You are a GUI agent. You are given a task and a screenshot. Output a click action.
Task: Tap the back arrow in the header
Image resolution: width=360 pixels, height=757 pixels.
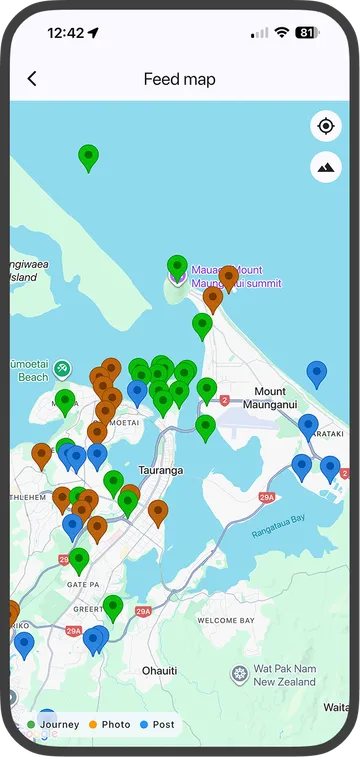[x=32, y=79]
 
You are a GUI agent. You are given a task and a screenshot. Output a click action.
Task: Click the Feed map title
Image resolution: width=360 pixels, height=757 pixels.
[x=179, y=79]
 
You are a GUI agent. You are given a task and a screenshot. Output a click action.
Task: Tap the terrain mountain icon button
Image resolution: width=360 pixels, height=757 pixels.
[x=325, y=167]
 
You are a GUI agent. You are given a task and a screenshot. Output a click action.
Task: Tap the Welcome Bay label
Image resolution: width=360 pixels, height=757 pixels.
[x=225, y=620]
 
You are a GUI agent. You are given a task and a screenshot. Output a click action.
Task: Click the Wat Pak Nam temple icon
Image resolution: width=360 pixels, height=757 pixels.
[x=239, y=674]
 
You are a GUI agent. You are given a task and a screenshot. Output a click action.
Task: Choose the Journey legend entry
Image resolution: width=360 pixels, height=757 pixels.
[x=54, y=724]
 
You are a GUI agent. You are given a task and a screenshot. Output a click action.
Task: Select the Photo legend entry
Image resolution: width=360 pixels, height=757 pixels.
[x=109, y=724]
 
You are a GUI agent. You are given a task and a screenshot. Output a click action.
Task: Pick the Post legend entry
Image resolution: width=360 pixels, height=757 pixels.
[x=157, y=724]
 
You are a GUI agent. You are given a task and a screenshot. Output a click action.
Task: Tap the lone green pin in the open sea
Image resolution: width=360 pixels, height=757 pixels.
[x=89, y=157]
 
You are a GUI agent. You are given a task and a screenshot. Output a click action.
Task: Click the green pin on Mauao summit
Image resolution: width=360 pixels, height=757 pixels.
[x=177, y=267]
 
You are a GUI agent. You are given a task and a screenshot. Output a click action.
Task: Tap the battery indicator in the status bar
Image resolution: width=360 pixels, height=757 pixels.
[x=306, y=32]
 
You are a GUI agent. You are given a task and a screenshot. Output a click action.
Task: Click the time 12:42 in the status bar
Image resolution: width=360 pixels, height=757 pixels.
[x=65, y=32]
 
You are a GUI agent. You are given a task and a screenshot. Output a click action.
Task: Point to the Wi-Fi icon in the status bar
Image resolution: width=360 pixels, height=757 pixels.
[x=282, y=32]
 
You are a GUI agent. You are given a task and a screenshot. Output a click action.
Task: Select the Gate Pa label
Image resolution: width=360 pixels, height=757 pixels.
[x=79, y=583]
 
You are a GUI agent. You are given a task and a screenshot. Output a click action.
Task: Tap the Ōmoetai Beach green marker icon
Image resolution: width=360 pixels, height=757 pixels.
[x=63, y=369]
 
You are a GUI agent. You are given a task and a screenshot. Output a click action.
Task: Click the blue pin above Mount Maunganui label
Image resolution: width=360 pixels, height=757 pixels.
[x=317, y=373]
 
